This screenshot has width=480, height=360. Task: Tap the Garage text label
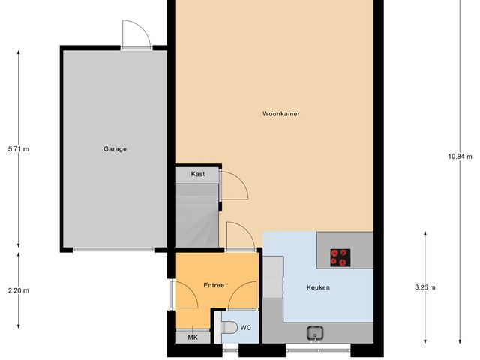pos(115,148)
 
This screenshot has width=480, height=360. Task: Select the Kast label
pos(198,174)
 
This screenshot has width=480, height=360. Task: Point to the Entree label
pos(214,285)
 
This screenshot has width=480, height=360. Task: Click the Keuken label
pos(318,287)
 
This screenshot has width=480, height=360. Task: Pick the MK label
pos(193,337)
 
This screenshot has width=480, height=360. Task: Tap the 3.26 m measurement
pos(425,287)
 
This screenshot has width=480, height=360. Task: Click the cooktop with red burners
pos(340,257)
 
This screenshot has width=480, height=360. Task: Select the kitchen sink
pos(315,331)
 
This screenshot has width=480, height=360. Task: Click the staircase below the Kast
pos(196,216)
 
